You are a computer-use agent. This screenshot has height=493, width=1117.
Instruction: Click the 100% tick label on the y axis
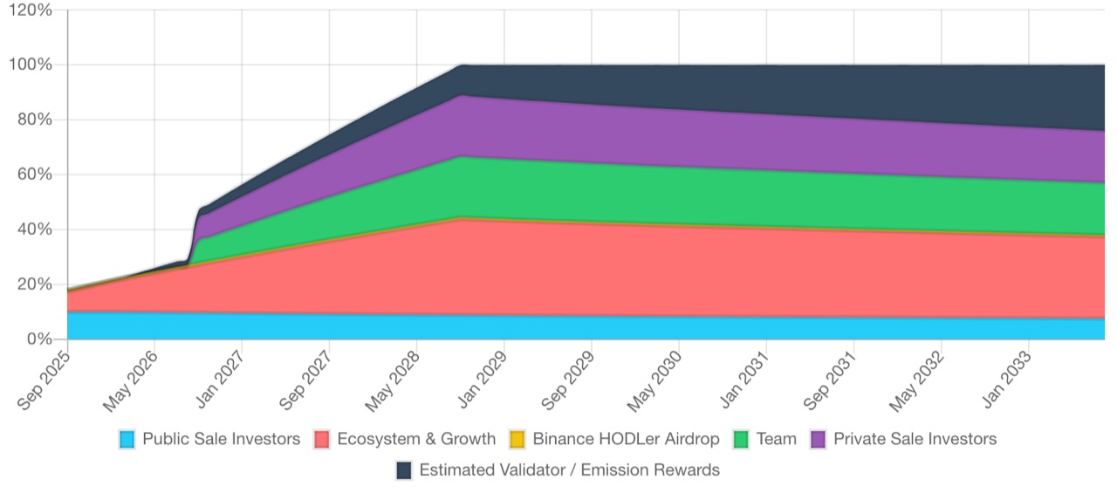31,65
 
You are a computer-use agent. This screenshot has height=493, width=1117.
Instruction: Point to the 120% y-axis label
31,10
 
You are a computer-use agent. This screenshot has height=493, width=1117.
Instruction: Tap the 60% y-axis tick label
35,175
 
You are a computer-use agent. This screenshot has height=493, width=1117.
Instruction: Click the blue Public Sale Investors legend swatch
128,439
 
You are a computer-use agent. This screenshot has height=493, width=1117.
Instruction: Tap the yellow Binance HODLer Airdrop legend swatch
517,439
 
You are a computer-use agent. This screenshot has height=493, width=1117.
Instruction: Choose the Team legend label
777,439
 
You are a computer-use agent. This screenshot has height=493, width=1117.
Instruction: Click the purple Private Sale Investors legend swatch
819,439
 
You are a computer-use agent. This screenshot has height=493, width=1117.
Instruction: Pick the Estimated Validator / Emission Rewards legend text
569,470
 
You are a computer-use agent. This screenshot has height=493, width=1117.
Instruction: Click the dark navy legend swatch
404,470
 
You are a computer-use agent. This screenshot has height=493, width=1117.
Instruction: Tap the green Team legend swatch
741,439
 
